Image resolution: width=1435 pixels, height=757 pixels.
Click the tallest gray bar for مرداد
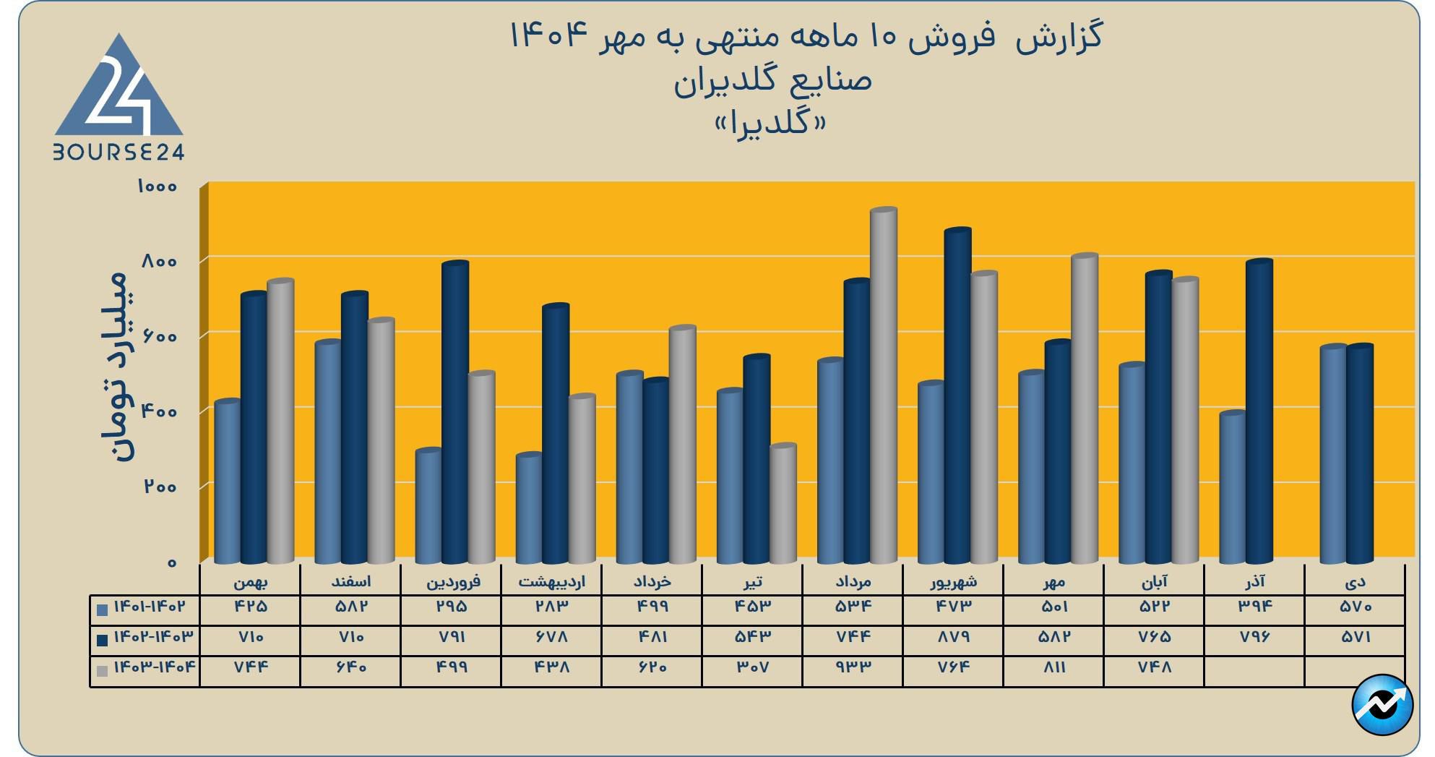coord(883,387)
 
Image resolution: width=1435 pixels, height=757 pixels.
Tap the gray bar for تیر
coord(783,504)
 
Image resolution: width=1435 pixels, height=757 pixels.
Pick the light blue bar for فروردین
coord(428,506)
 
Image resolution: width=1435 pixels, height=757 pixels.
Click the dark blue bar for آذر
coord(1259,412)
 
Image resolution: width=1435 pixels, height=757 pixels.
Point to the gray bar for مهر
coord(1084,409)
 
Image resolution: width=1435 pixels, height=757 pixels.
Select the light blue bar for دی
coord(1333,455)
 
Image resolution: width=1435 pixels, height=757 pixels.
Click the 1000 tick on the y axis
coord(157,187)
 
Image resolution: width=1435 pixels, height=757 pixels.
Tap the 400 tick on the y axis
coord(159,411)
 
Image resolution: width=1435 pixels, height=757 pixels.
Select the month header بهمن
coord(250,581)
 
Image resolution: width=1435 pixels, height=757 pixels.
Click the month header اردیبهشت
coord(552,581)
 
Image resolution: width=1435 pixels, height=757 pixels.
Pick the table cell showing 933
coord(853,667)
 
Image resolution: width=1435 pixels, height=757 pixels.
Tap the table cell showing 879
coord(954,637)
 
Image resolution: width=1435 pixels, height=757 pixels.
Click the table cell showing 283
coord(552,607)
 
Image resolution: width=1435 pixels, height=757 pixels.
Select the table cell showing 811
coord(1054,667)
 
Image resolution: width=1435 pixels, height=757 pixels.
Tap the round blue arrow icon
coord(1382,705)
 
